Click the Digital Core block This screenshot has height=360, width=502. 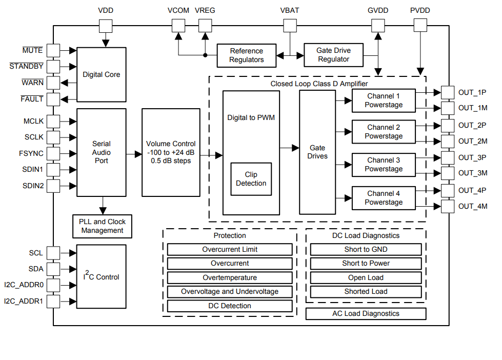pyautogui.click(x=101, y=75)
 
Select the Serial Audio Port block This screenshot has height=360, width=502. pyautogui.click(x=101, y=152)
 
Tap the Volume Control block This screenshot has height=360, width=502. pyautogui.click(x=171, y=152)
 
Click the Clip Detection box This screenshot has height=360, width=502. pyautogui.click(x=251, y=179)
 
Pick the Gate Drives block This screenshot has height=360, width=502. pyautogui.click(x=317, y=152)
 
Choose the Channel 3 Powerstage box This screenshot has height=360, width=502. pyautogui.click(x=383, y=165)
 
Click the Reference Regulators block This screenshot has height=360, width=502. pyautogui.click(x=246, y=55)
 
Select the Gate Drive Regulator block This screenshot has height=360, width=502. pyautogui.click(x=333, y=55)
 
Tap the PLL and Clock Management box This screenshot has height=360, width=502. pyautogui.click(x=102, y=226)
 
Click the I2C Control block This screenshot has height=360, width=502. pyautogui.click(x=101, y=277)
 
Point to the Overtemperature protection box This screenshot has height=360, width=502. pyautogui.click(x=230, y=277)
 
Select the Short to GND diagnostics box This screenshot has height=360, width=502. pyautogui.click(x=366, y=250)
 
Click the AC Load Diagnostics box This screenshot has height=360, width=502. pyautogui.click(x=366, y=313)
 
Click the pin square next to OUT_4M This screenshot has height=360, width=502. pyautogui.click(x=448, y=206)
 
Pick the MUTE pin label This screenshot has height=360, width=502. pyautogui.click(x=33, y=50)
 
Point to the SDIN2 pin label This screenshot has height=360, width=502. pyautogui.click(x=33, y=185)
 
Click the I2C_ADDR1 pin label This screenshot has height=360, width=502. pyautogui.click(x=24, y=301)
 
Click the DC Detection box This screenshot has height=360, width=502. pyautogui.click(x=230, y=306)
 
